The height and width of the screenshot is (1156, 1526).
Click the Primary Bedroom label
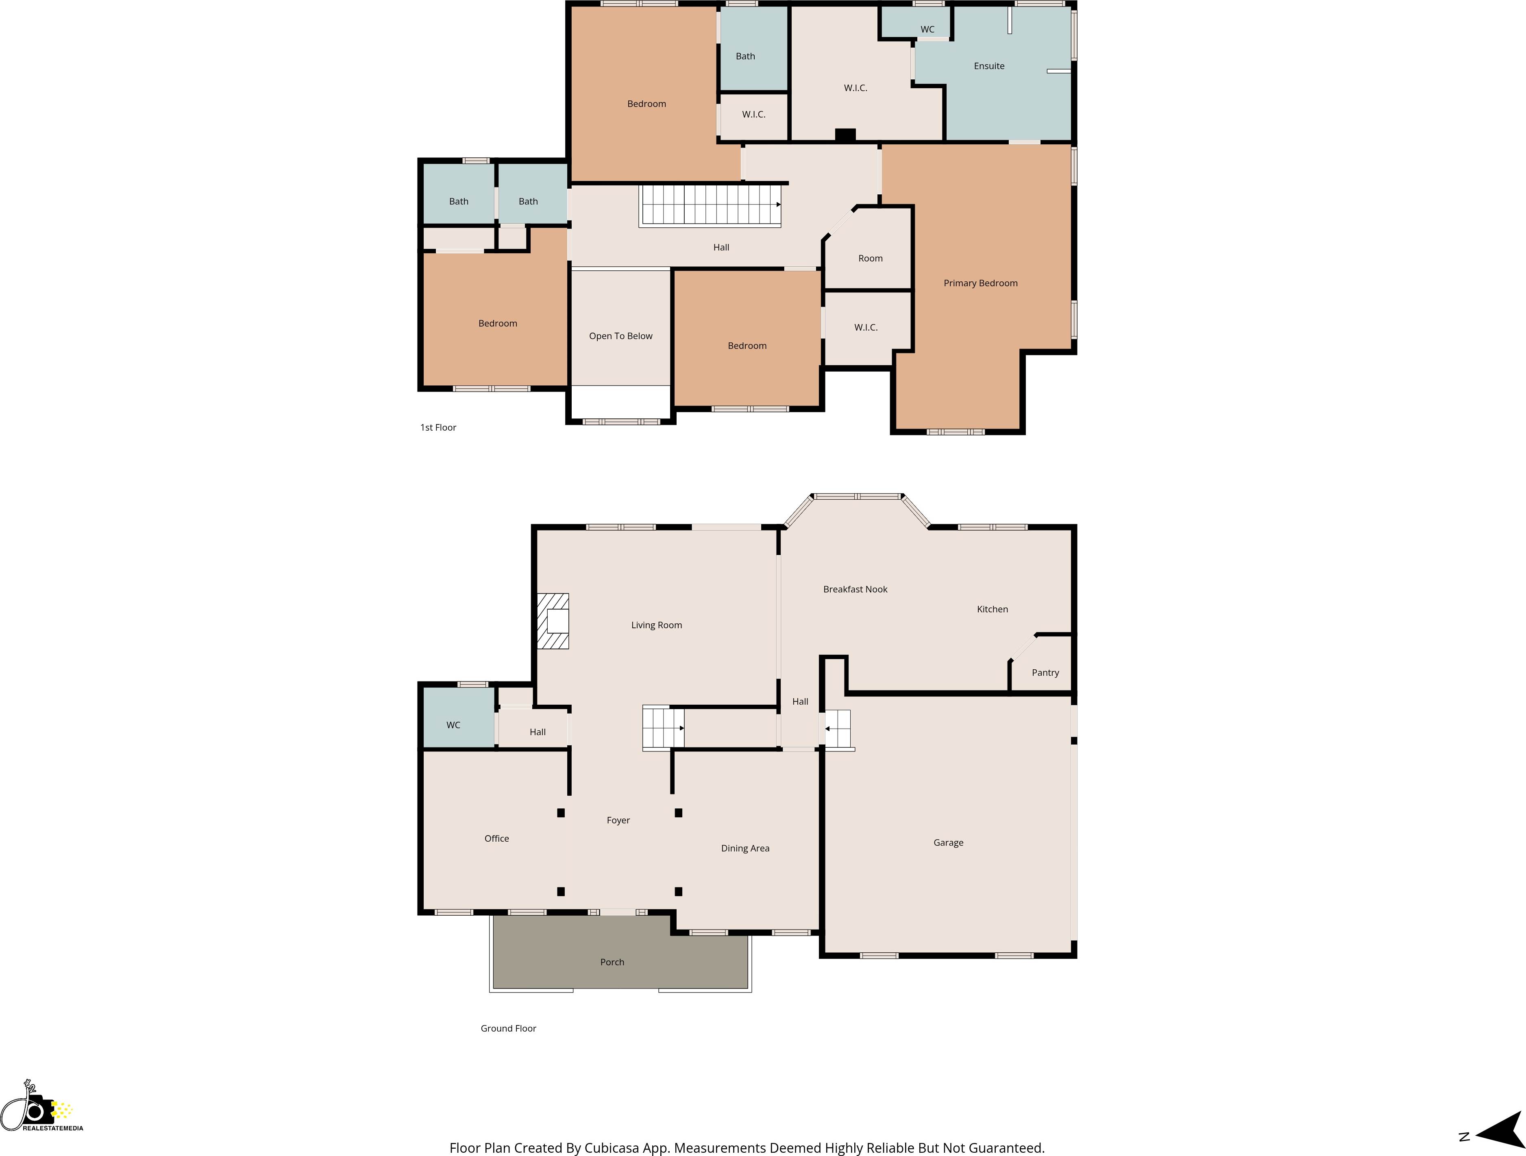tap(980, 283)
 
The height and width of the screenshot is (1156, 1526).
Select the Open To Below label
tap(620, 336)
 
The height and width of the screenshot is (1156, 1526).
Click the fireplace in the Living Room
tap(553, 621)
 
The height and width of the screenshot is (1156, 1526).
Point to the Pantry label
tap(1045, 673)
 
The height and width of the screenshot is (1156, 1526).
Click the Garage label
tap(948, 842)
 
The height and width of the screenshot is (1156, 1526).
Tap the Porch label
tap(612, 962)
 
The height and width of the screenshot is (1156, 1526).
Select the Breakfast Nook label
tap(855, 589)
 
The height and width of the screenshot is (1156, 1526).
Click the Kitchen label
tap(992, 609)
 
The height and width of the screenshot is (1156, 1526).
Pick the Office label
tap(496, 838)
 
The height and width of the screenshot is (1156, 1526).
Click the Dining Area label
tap(745, 848)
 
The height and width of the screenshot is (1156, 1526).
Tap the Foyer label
tap(618, 820)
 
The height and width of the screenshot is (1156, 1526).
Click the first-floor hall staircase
tap(711, 205)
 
